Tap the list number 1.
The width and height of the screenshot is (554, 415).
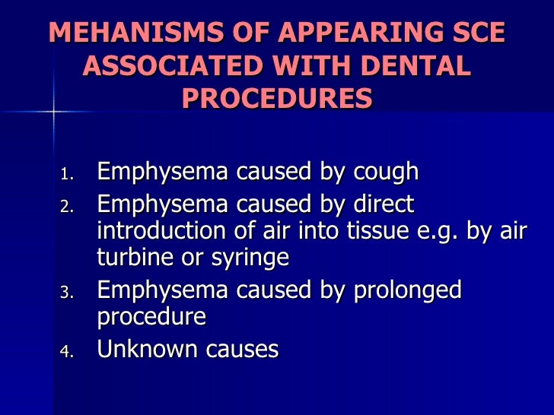(x=67, y=175)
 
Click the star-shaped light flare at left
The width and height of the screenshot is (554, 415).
(x=54, y=112)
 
